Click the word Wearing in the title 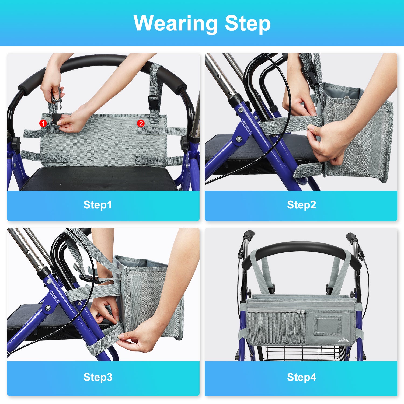pos(176,24)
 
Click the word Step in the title pos(248,24)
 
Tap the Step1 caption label pos(97,205)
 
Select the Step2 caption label pos(301,205)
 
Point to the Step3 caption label pos(98,377)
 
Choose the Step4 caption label pos(301,377)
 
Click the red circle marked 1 pos(43,123)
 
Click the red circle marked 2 pos(141,123)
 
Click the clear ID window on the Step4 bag pos(327,325)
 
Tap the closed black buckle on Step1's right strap pos(153,103)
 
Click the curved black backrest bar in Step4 pos(302,249)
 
